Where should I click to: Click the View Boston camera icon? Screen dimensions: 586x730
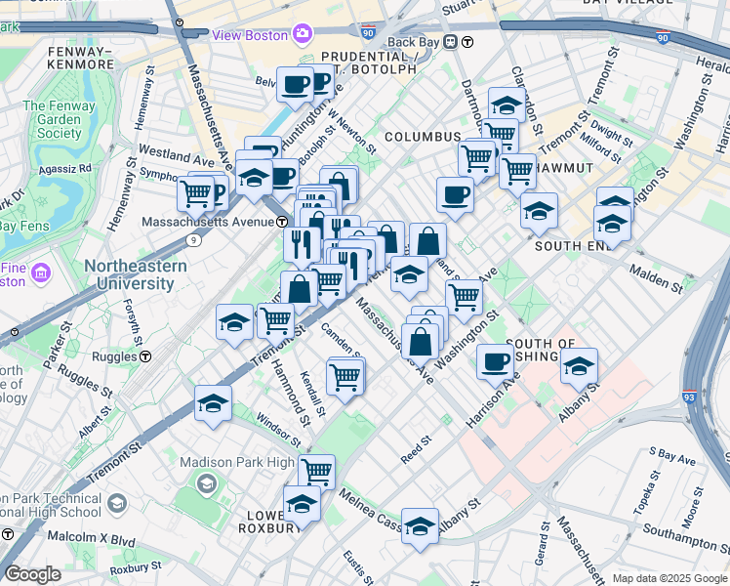click(303, 35)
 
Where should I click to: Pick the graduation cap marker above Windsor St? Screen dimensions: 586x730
click(214, 403)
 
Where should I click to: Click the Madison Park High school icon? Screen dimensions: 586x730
click(206, 483)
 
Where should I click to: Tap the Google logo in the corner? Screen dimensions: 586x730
click(32, 574)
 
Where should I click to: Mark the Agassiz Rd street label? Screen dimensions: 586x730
click(65, 167)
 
